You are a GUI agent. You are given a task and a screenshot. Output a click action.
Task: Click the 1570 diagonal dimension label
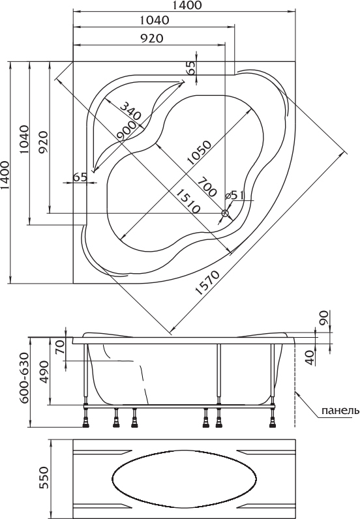(207, 283)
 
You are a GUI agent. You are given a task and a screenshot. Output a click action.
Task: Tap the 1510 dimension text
(188, 201)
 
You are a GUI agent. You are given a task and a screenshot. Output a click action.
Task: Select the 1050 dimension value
(198, 153)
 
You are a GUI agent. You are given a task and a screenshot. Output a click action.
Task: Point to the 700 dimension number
(207, 186)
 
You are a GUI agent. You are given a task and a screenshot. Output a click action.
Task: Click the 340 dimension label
(130, 111)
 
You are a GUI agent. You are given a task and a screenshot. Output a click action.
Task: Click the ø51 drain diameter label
(234, 195)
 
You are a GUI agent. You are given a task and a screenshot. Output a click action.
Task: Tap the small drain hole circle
(226, 213)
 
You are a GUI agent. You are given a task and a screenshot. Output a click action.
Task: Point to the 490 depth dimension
(44, 372)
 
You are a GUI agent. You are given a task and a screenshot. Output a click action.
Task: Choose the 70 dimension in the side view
(60, 348)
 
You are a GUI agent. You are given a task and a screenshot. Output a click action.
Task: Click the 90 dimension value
(323, 318)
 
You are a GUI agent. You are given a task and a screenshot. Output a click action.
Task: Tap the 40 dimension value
(310, 358)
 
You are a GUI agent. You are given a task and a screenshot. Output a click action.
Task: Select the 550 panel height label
(44, 478)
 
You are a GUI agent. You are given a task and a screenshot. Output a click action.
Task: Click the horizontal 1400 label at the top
(187, 5)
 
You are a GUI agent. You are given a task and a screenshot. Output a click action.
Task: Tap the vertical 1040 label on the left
(25, 139)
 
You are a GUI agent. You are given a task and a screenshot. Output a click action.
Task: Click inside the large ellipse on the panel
(184, 478)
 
